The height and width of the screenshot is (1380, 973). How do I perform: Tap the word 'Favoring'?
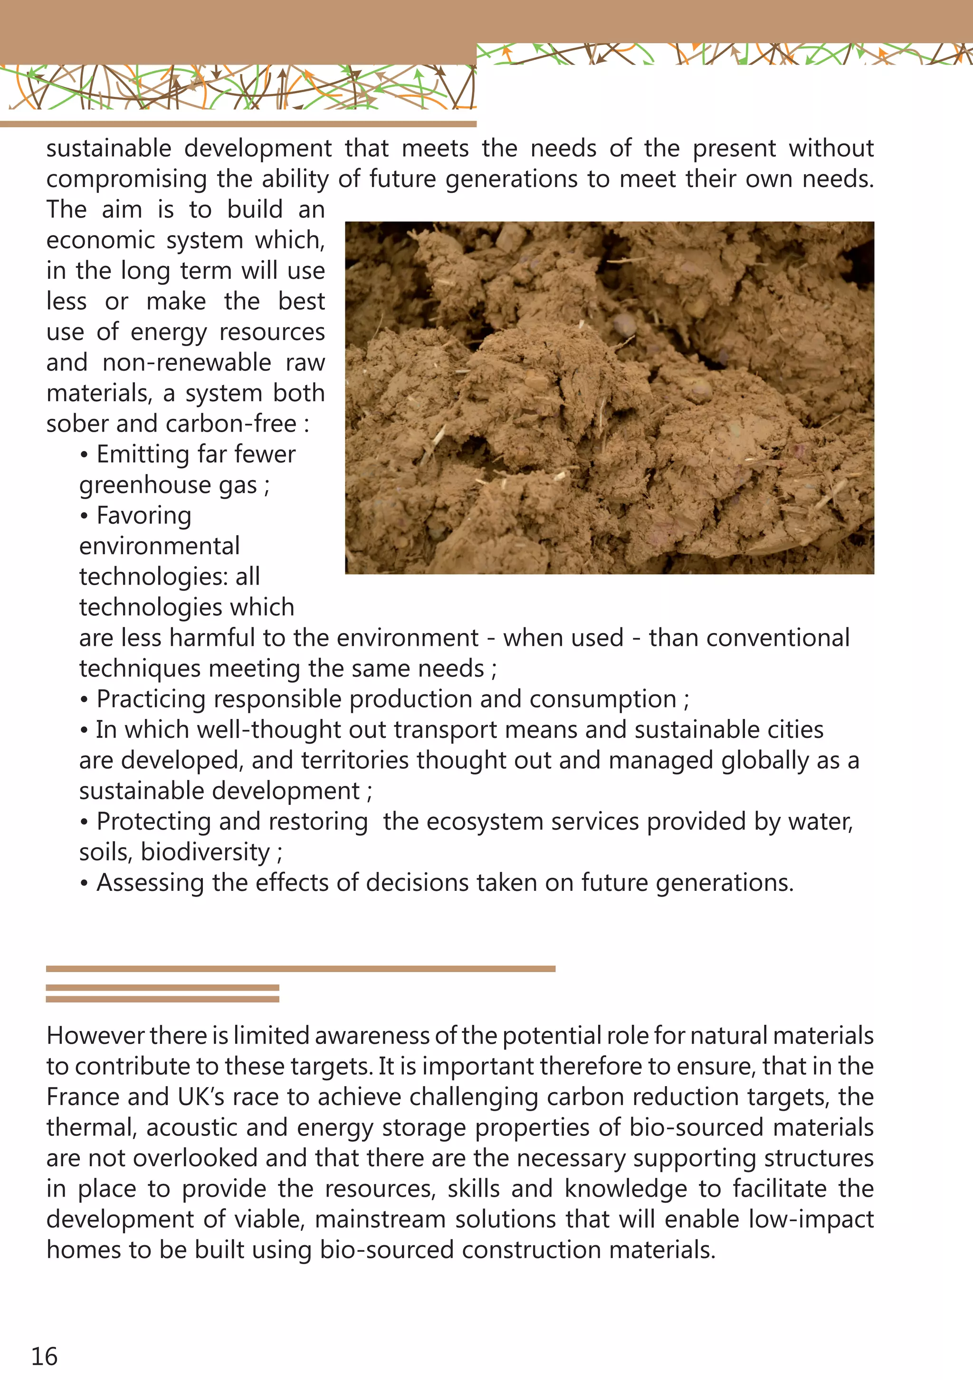[x=144, y=516]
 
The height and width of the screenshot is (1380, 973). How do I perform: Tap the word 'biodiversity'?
[x=205, y=852]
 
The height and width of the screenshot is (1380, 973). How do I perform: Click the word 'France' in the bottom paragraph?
[x=82, y=1097]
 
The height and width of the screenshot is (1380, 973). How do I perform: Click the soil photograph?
[x=609, y=397]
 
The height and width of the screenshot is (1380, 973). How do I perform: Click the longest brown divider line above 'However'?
[x=300, y=969]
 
